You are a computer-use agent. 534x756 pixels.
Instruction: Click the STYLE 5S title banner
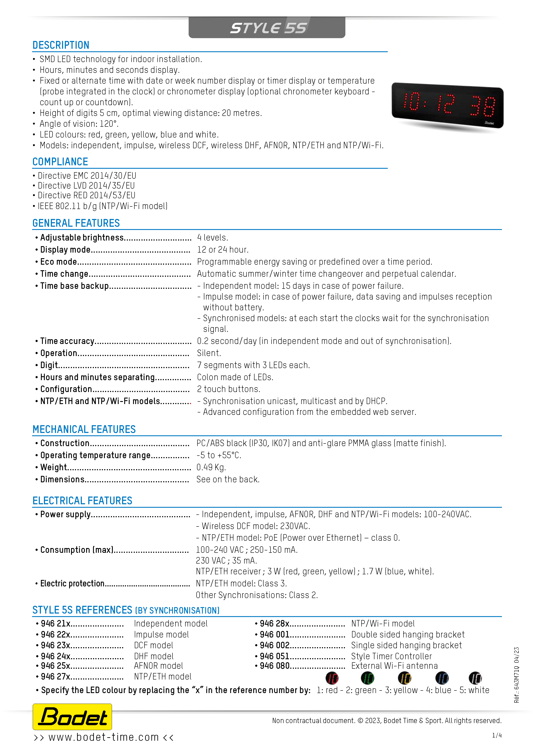[x=267, y=28]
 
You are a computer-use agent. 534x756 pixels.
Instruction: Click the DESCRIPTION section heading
[x=61, y=45]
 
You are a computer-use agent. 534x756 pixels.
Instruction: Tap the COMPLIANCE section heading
[x=60, y=162]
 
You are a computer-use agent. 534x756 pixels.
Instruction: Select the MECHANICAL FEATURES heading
[x=84, y=429]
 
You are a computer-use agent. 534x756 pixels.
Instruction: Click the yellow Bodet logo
[x=72, y=717]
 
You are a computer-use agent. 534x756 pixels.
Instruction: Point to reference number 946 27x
[x=56, y=676]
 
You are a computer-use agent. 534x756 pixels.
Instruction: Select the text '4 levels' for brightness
[x=212, y=237]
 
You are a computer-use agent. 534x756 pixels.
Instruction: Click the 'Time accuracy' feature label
[x=67, y=341]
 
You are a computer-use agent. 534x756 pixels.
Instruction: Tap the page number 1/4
[x=497, y=735]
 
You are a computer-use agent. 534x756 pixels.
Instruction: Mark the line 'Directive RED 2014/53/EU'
[x=86, y=195]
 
